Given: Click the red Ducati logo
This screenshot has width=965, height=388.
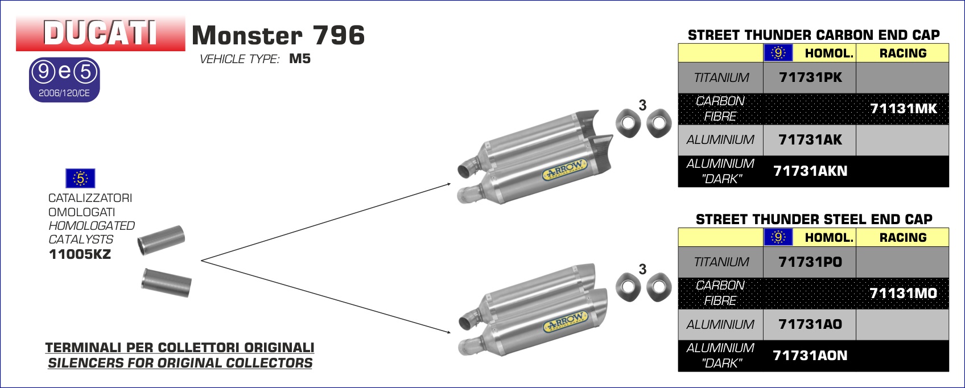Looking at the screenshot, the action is [100, 33].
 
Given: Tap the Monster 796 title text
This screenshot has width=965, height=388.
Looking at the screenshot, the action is [278, 35].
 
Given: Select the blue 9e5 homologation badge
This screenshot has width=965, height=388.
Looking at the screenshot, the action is [65, 80].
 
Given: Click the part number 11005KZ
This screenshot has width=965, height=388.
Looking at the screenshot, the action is [80, 254].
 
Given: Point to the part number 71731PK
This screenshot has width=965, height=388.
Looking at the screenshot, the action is [810, 77].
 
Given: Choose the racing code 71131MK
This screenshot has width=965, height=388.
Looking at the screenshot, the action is [904, 109].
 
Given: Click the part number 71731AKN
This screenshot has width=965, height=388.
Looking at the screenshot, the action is [810, 171].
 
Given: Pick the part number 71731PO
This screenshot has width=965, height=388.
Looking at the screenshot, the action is [810, 262].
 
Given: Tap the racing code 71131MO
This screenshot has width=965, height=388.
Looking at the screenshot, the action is [904, 293].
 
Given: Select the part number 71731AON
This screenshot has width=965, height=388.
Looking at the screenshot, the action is [810, 355].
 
